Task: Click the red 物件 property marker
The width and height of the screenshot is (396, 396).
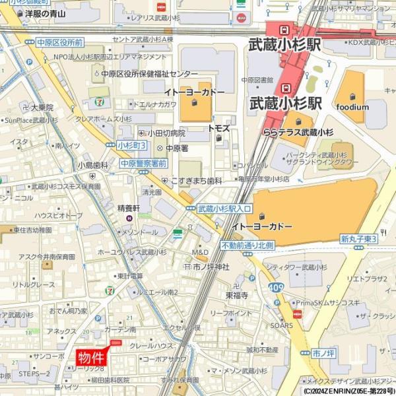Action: tap(91, 358)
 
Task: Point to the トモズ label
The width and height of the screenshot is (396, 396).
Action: tap(218, 128)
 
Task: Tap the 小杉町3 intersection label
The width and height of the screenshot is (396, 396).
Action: tap(131, 145)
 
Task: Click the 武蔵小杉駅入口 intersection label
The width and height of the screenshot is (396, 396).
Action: tap(224, 209)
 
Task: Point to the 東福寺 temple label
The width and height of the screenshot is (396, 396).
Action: tap(236, 295)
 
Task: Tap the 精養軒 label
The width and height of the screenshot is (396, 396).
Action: tap(129, 208)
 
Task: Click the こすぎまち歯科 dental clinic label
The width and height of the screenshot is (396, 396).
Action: tap(196, 180)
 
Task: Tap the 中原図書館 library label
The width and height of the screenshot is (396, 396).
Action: tap(257, 81)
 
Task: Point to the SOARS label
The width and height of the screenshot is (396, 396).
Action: tap(281, 325)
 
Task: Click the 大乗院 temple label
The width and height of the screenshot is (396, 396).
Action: tap(42, 107)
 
